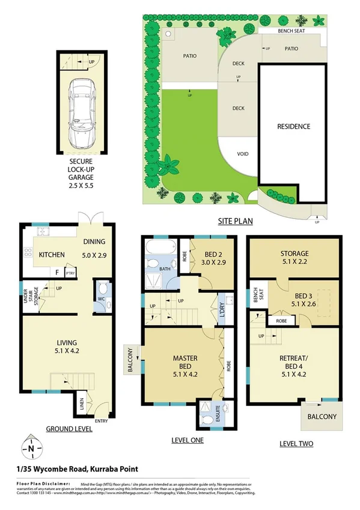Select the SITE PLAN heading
point(235,221)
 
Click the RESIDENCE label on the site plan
point(293,127)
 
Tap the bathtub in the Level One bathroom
point(159,247)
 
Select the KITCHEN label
point(52,256)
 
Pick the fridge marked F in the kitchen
point(57,272)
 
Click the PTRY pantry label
point(70,272)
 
